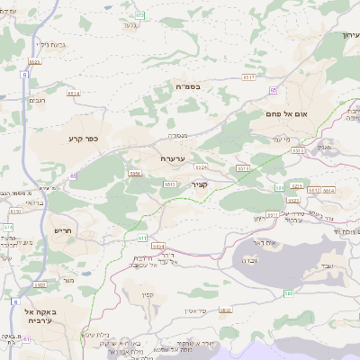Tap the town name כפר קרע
[x=82, y=139]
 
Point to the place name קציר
[x=200, y=184]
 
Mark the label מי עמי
[x=280, y=139]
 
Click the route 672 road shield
[x=139, y=15]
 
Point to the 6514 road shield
[x=328, y=191]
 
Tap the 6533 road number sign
[x=35, y=61]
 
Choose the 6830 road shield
[x=13, y=211]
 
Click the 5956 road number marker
[x=135, y=172]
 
